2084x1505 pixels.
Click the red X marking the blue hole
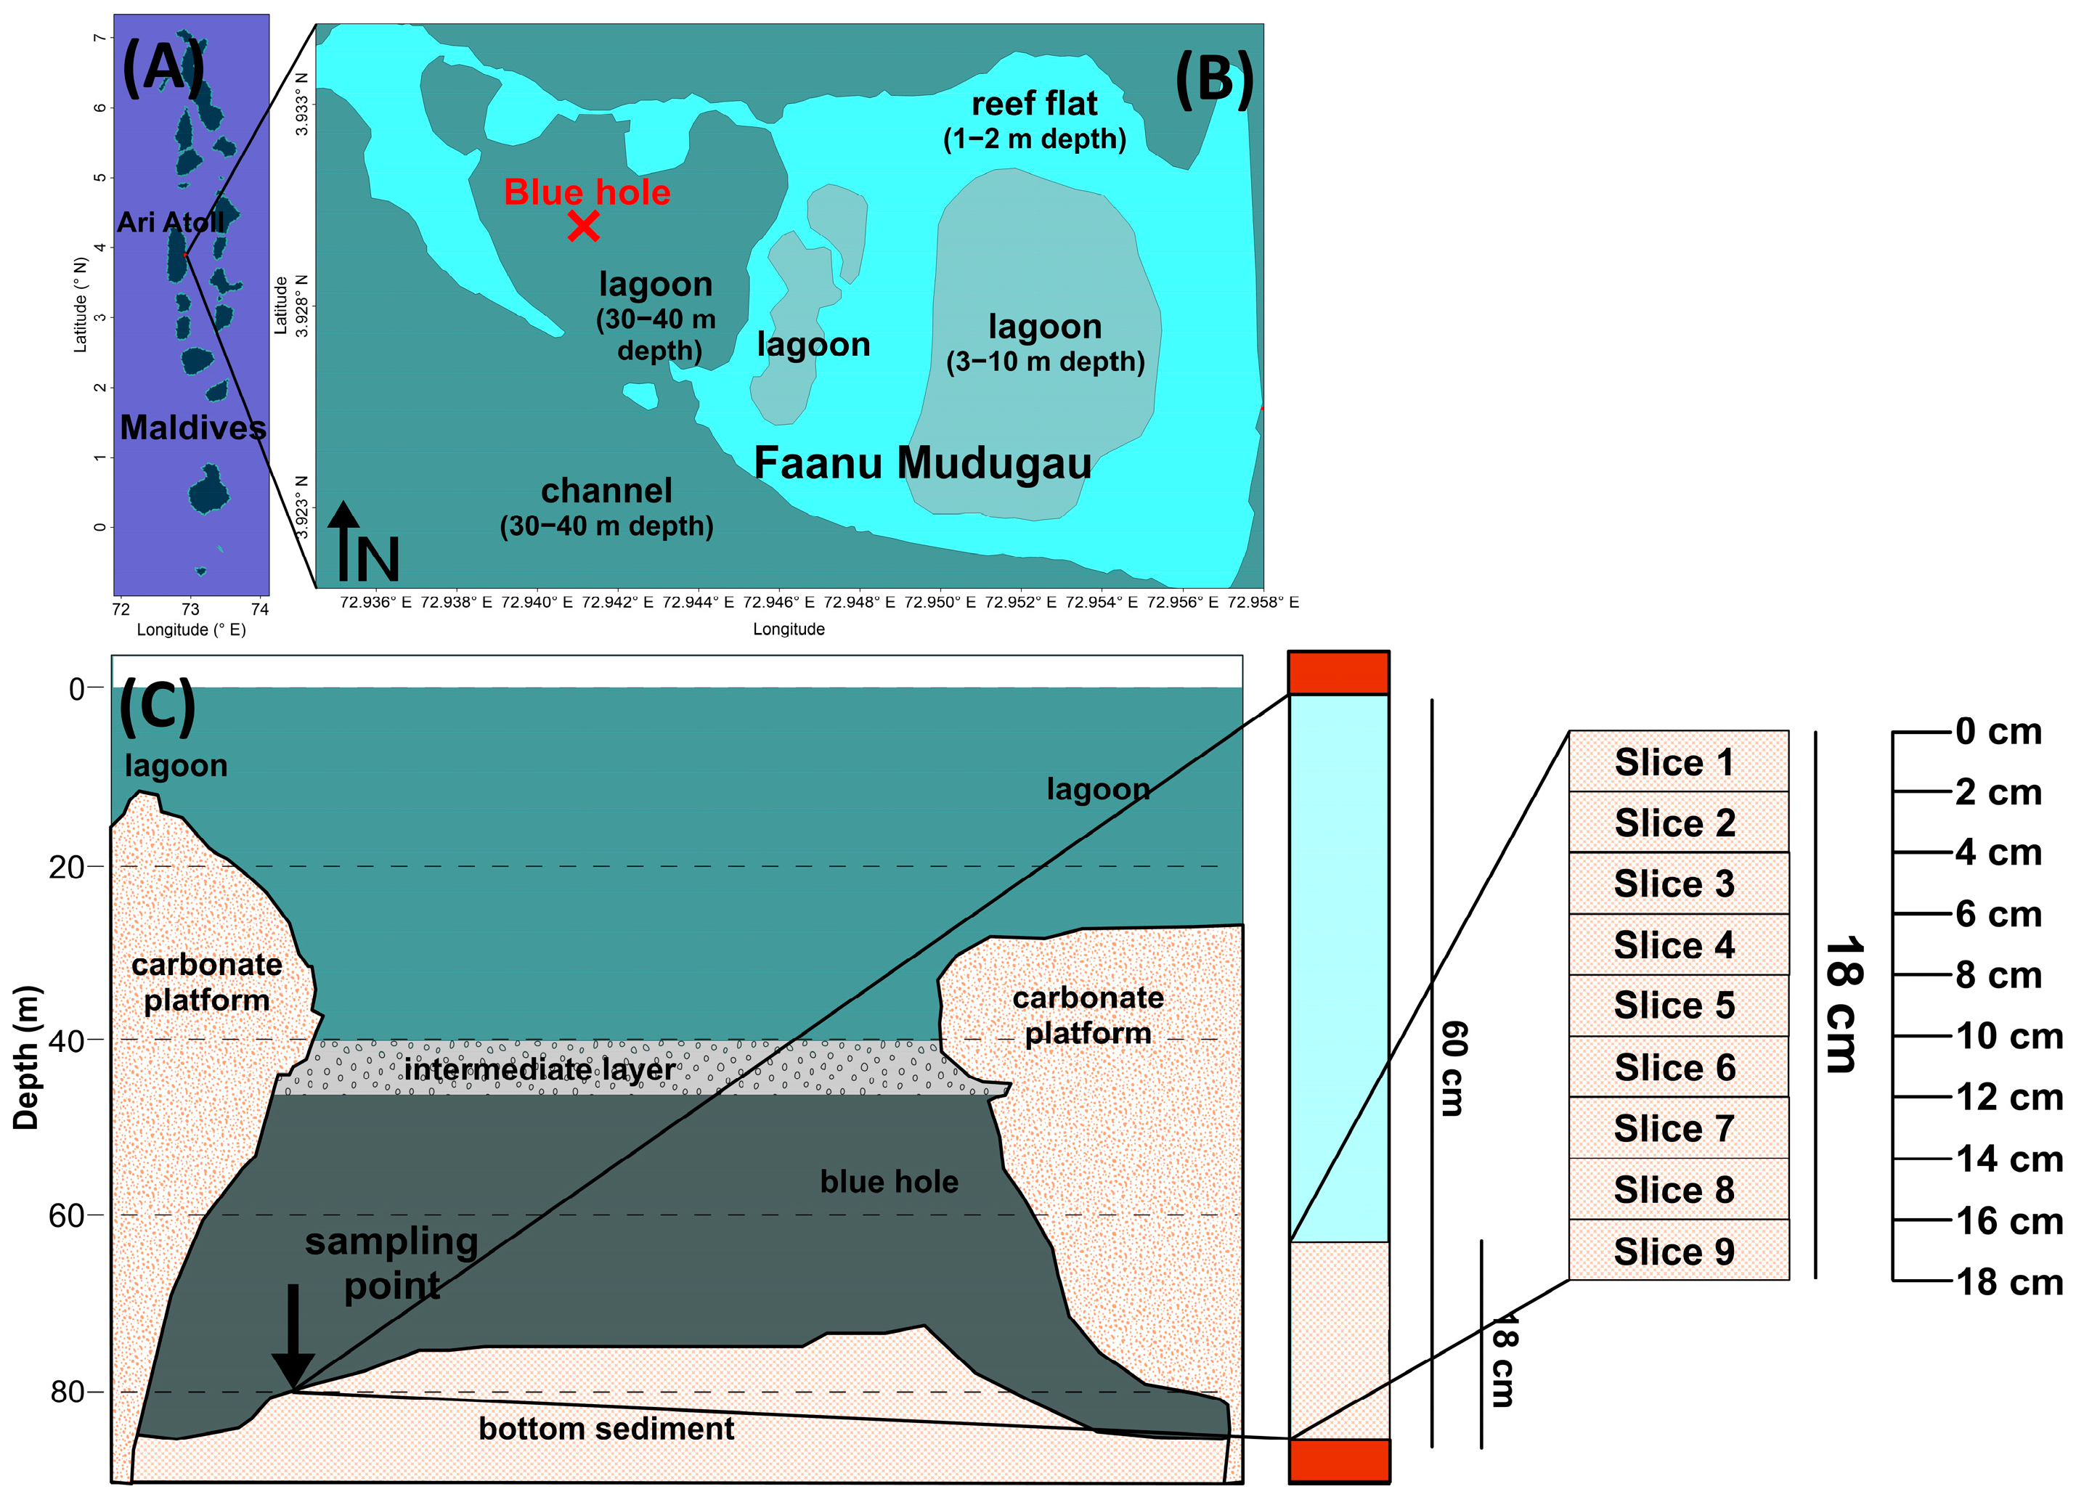(584, 225)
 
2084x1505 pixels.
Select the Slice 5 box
(1678, 1006)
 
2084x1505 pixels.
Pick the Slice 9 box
(1678, 1250)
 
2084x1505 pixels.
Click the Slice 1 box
(1678, 762)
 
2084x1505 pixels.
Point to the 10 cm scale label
(2008, 1035)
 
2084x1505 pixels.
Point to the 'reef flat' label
(1035, 104)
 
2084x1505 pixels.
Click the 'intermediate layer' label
(540, 1069)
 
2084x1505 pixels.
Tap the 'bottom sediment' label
(606, 1429)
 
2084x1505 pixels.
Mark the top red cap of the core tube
(1338, 672)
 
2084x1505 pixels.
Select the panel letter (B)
(1214, 79)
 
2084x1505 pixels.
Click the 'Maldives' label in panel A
(193, 427)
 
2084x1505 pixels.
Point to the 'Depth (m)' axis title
(27, 1056)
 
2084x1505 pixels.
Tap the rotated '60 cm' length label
(1454, 1068)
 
